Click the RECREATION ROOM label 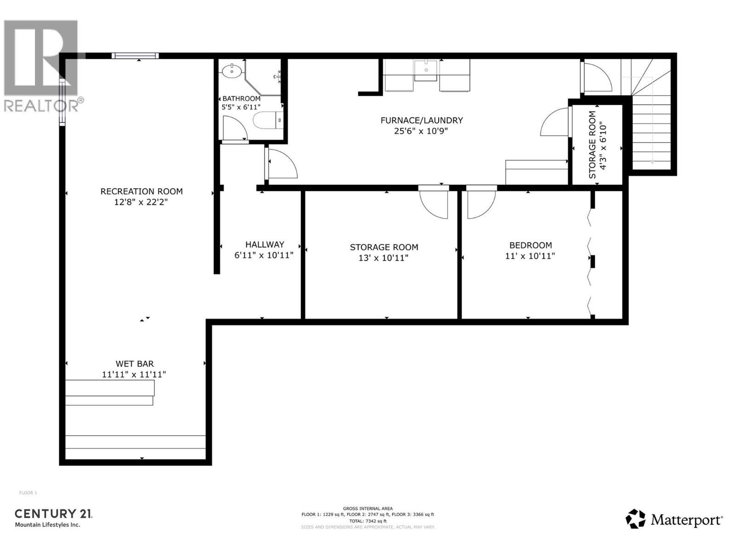[x=141, y=191]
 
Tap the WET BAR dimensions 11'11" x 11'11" [x=134, y=374]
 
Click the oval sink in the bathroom [x=232, y=71]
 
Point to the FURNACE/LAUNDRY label [x=421, y=120]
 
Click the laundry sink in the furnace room [x=426, y=70]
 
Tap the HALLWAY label [x=264, y=244]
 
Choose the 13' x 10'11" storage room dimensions [x=384, y=258]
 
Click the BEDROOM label [x=530, y=245]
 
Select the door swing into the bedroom [x=481, y=204]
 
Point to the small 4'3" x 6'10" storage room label [x=598, y=144]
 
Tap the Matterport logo [x=674, y=520]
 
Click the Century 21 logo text [x=53, y=514]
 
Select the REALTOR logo [x=42, y=64]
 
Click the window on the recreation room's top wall [x=135, y=56]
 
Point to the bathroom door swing [x=234, y=128]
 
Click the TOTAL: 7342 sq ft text [x=367, y=521]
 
